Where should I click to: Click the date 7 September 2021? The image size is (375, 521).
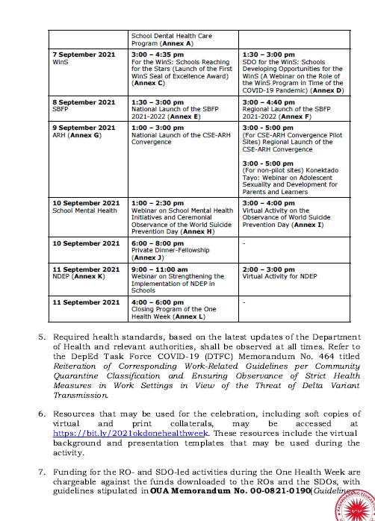tap(85, 54)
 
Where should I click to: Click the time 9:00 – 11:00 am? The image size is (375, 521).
tap(159, 269)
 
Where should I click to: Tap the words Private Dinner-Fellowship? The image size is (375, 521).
tap(167, 251)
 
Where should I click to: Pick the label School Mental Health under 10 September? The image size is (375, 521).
tap(85, 210)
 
